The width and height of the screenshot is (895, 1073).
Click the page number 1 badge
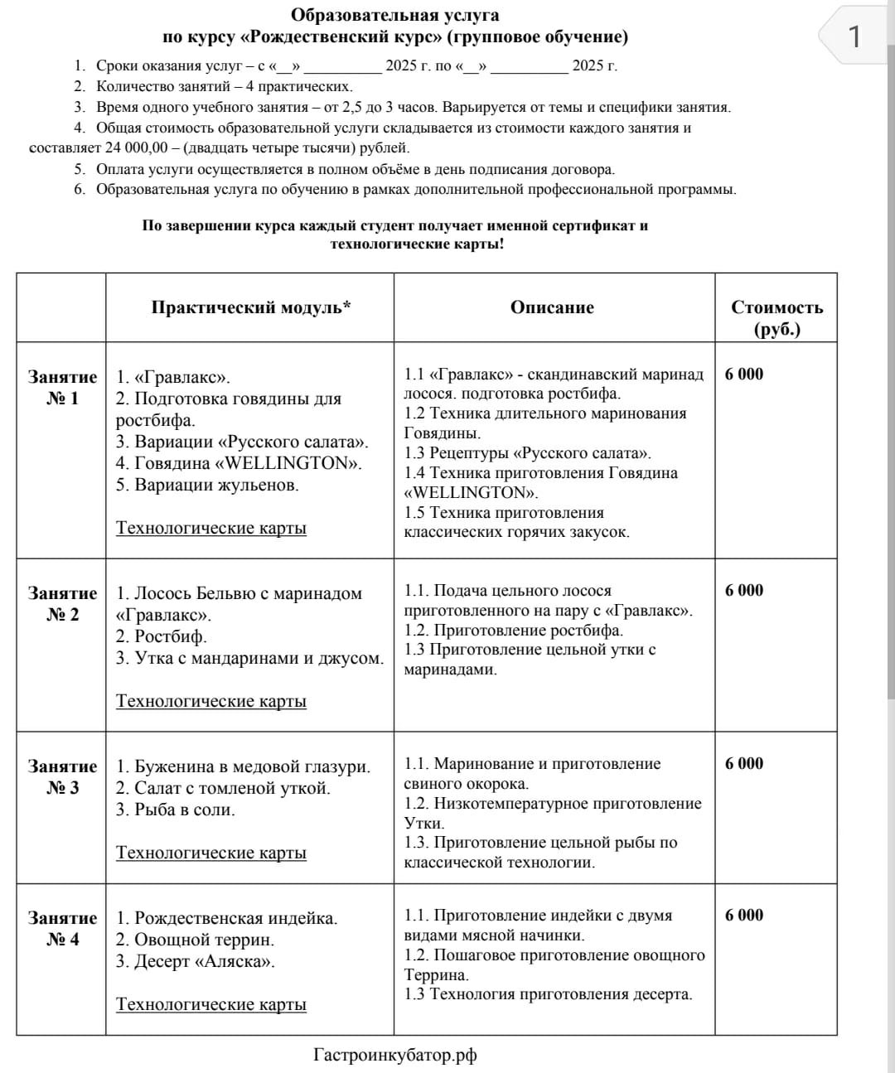tap(854, 36)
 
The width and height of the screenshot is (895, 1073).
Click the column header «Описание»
tap(552, 307)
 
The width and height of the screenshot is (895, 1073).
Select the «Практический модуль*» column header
tap(250, 307)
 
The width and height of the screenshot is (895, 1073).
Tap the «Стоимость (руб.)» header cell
tap(776, 318)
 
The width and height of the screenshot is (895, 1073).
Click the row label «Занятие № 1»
tap(62, 388)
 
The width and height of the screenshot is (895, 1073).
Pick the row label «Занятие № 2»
tap(62, 604)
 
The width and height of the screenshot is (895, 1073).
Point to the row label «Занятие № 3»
tap(62, 777)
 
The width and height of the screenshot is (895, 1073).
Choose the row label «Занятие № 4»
tap(62, 929)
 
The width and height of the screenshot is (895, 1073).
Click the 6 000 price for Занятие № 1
tap(743, 374)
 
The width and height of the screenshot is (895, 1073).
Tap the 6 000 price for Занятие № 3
tap(743, 763)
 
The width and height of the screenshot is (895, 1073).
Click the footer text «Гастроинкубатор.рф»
tap(395, 1055)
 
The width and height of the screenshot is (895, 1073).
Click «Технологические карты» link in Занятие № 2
tap(210, 701)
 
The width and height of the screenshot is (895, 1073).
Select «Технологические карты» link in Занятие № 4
tap(210, 1004)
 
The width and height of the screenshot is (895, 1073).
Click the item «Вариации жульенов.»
tap(207, 485)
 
